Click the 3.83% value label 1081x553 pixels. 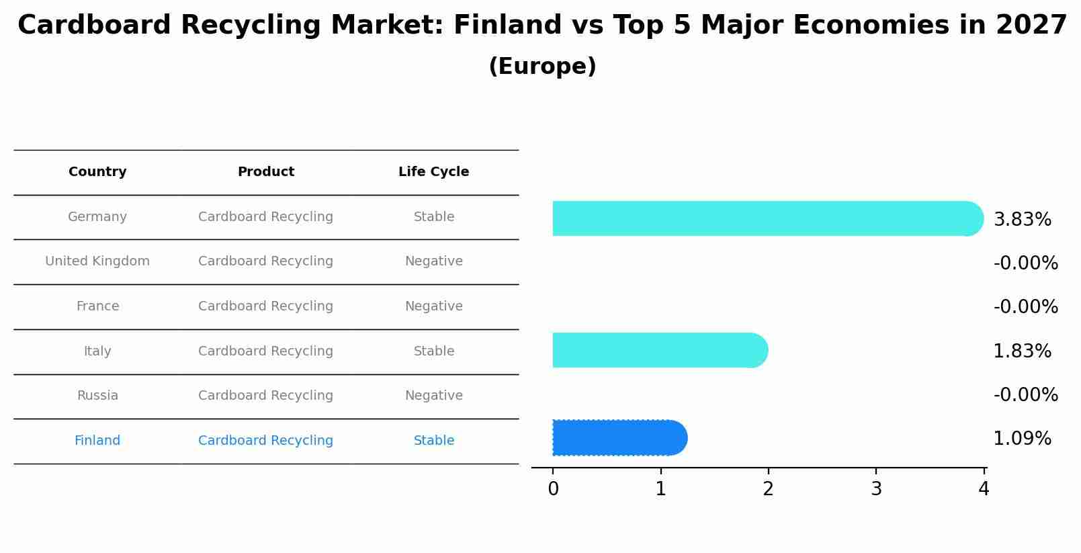[x=1022, y=220]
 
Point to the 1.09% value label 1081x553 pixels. [x=1022, y=439]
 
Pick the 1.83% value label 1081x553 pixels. [x=1022, y=351]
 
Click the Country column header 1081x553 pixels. [x=97, y=172]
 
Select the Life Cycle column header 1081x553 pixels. [x=433, y=172]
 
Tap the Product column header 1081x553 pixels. [x=265, y=172]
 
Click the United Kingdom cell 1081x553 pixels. [x=97, y=261]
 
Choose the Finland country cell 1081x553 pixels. [x=97, y=441]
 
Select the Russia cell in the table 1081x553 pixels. [x=97, y=396]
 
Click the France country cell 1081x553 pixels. [x=97, y=306]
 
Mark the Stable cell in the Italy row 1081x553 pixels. [x=433, y=351]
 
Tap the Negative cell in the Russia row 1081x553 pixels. [x=433, y=396]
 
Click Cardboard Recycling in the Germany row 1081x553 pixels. [x=265, y=217]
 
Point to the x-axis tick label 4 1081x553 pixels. [x=984, y=489]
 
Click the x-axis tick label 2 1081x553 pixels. [x=768, y=489]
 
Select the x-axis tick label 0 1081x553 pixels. [x=553, y=489]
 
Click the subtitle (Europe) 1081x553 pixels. [x=542, y=67]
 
